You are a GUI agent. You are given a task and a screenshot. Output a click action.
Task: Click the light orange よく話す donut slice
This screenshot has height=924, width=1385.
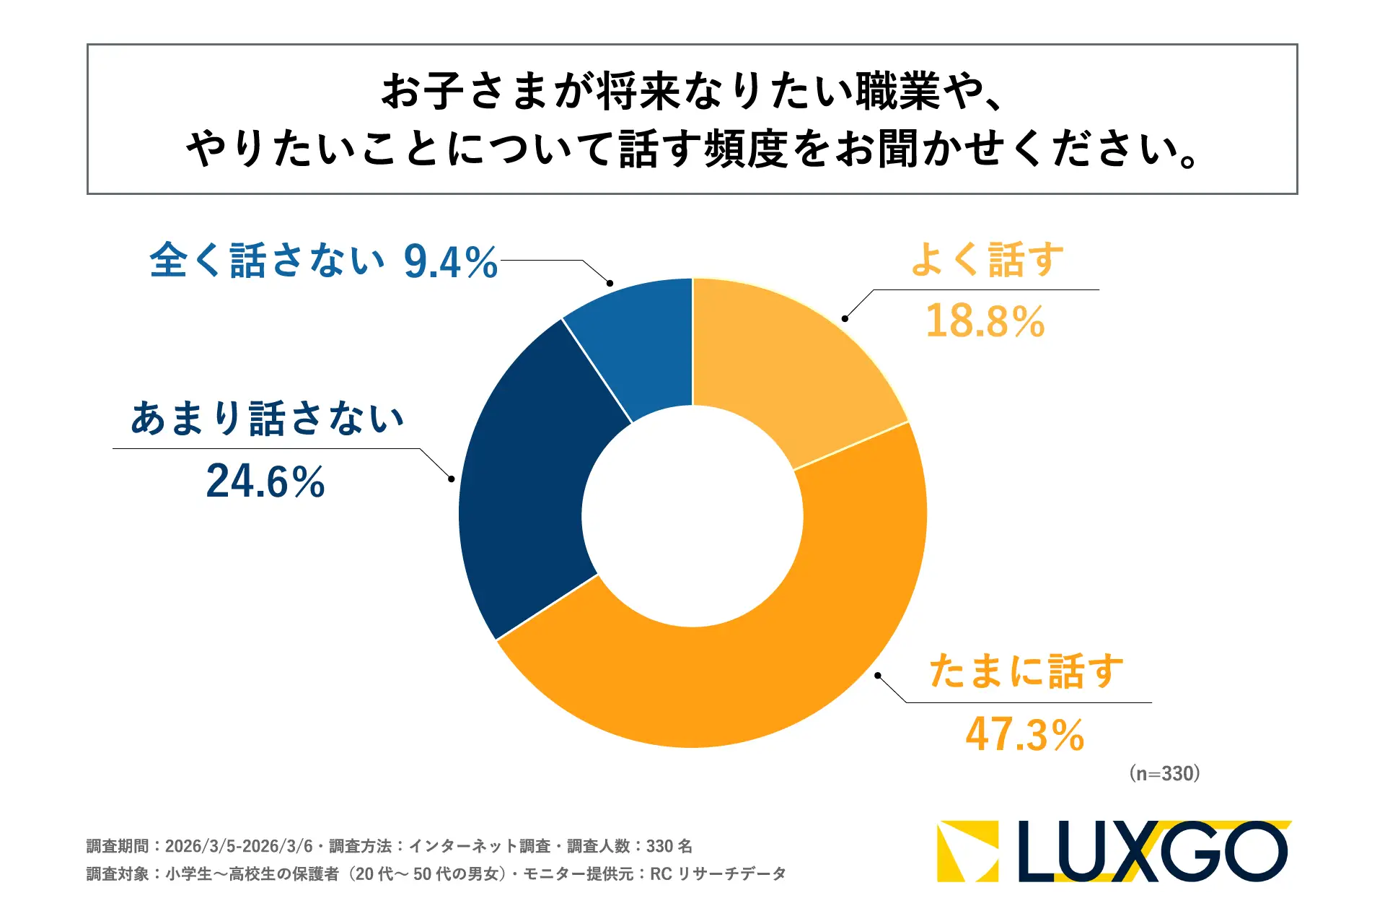(x=786, y=361)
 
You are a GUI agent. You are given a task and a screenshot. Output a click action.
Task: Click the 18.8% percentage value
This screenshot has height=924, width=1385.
(x=985, y=321)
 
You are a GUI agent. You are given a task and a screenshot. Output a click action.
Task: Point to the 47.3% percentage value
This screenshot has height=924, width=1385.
(x=1025, y=735)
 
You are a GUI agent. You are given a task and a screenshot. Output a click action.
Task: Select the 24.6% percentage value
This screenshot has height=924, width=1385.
(x=265, y=481)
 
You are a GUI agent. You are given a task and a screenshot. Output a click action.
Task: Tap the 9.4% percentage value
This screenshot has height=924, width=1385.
(x=451, y=261)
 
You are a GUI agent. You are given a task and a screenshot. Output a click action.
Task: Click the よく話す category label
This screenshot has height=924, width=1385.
(x=987, y=260)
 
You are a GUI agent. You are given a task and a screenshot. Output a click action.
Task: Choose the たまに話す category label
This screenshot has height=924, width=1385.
(x=1026, y=671)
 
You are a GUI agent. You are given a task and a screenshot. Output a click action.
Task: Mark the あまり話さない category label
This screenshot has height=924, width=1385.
(x=267, y=419)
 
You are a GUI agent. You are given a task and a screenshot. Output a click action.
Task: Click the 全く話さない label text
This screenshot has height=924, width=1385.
(x=267, y=261)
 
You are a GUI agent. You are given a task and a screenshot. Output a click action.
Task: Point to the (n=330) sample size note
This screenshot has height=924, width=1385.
(x=1164, y=774)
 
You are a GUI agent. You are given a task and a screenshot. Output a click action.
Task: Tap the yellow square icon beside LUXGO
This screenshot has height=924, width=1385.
(x=967, y=852)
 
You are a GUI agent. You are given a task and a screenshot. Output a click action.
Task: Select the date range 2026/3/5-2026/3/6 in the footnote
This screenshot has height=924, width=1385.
(x=239, y=846)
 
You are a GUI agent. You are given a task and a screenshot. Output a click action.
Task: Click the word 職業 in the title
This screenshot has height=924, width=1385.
(x=898, y=92)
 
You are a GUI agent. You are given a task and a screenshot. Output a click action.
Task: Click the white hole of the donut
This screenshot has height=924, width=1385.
(x=692, y=516)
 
